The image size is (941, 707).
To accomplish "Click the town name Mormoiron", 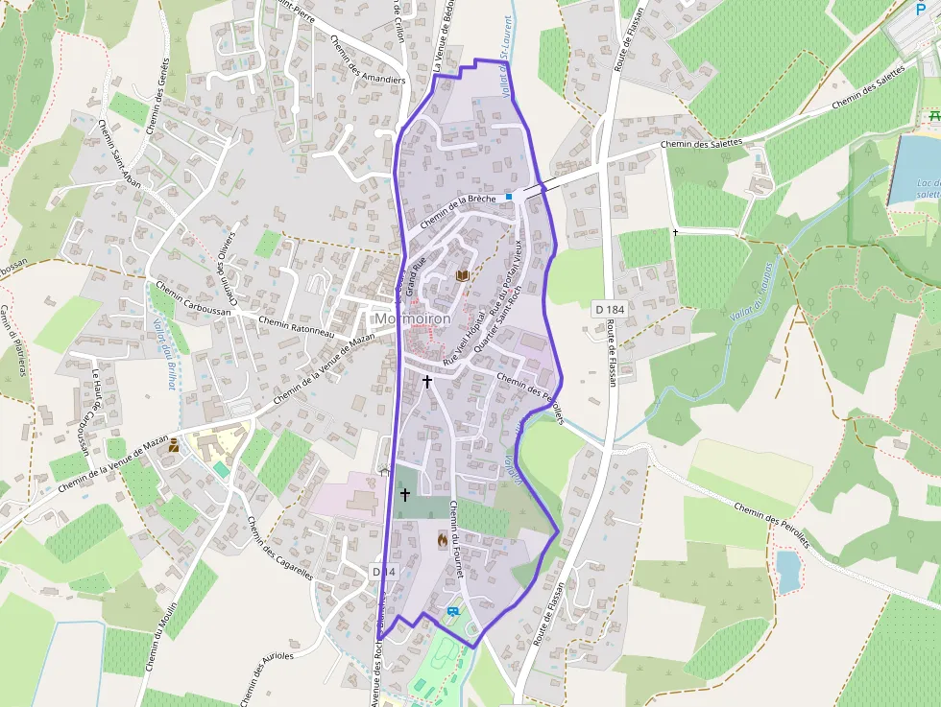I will click(413, 318).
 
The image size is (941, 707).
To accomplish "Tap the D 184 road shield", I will click(610, 309).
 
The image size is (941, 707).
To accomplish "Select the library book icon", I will click(463, 276).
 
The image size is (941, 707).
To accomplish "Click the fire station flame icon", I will click(442, 540).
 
